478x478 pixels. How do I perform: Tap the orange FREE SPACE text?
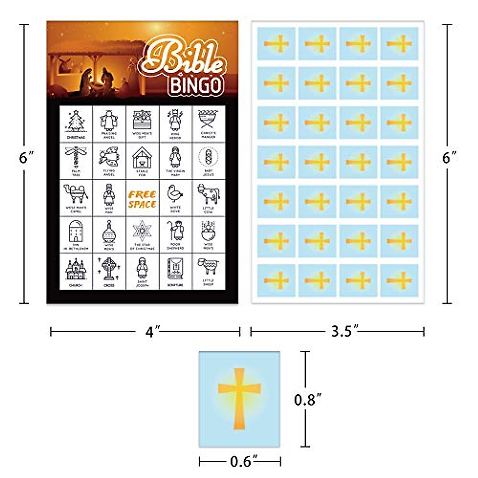tap(142, 200)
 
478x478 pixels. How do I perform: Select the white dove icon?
tap(175, 195)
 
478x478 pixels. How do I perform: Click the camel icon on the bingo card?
tap(76, 195)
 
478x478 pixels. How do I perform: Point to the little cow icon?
tap(208, 194)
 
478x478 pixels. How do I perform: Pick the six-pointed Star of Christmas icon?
tap(142, 231)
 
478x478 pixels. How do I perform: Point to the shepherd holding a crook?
tap(175, 231)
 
